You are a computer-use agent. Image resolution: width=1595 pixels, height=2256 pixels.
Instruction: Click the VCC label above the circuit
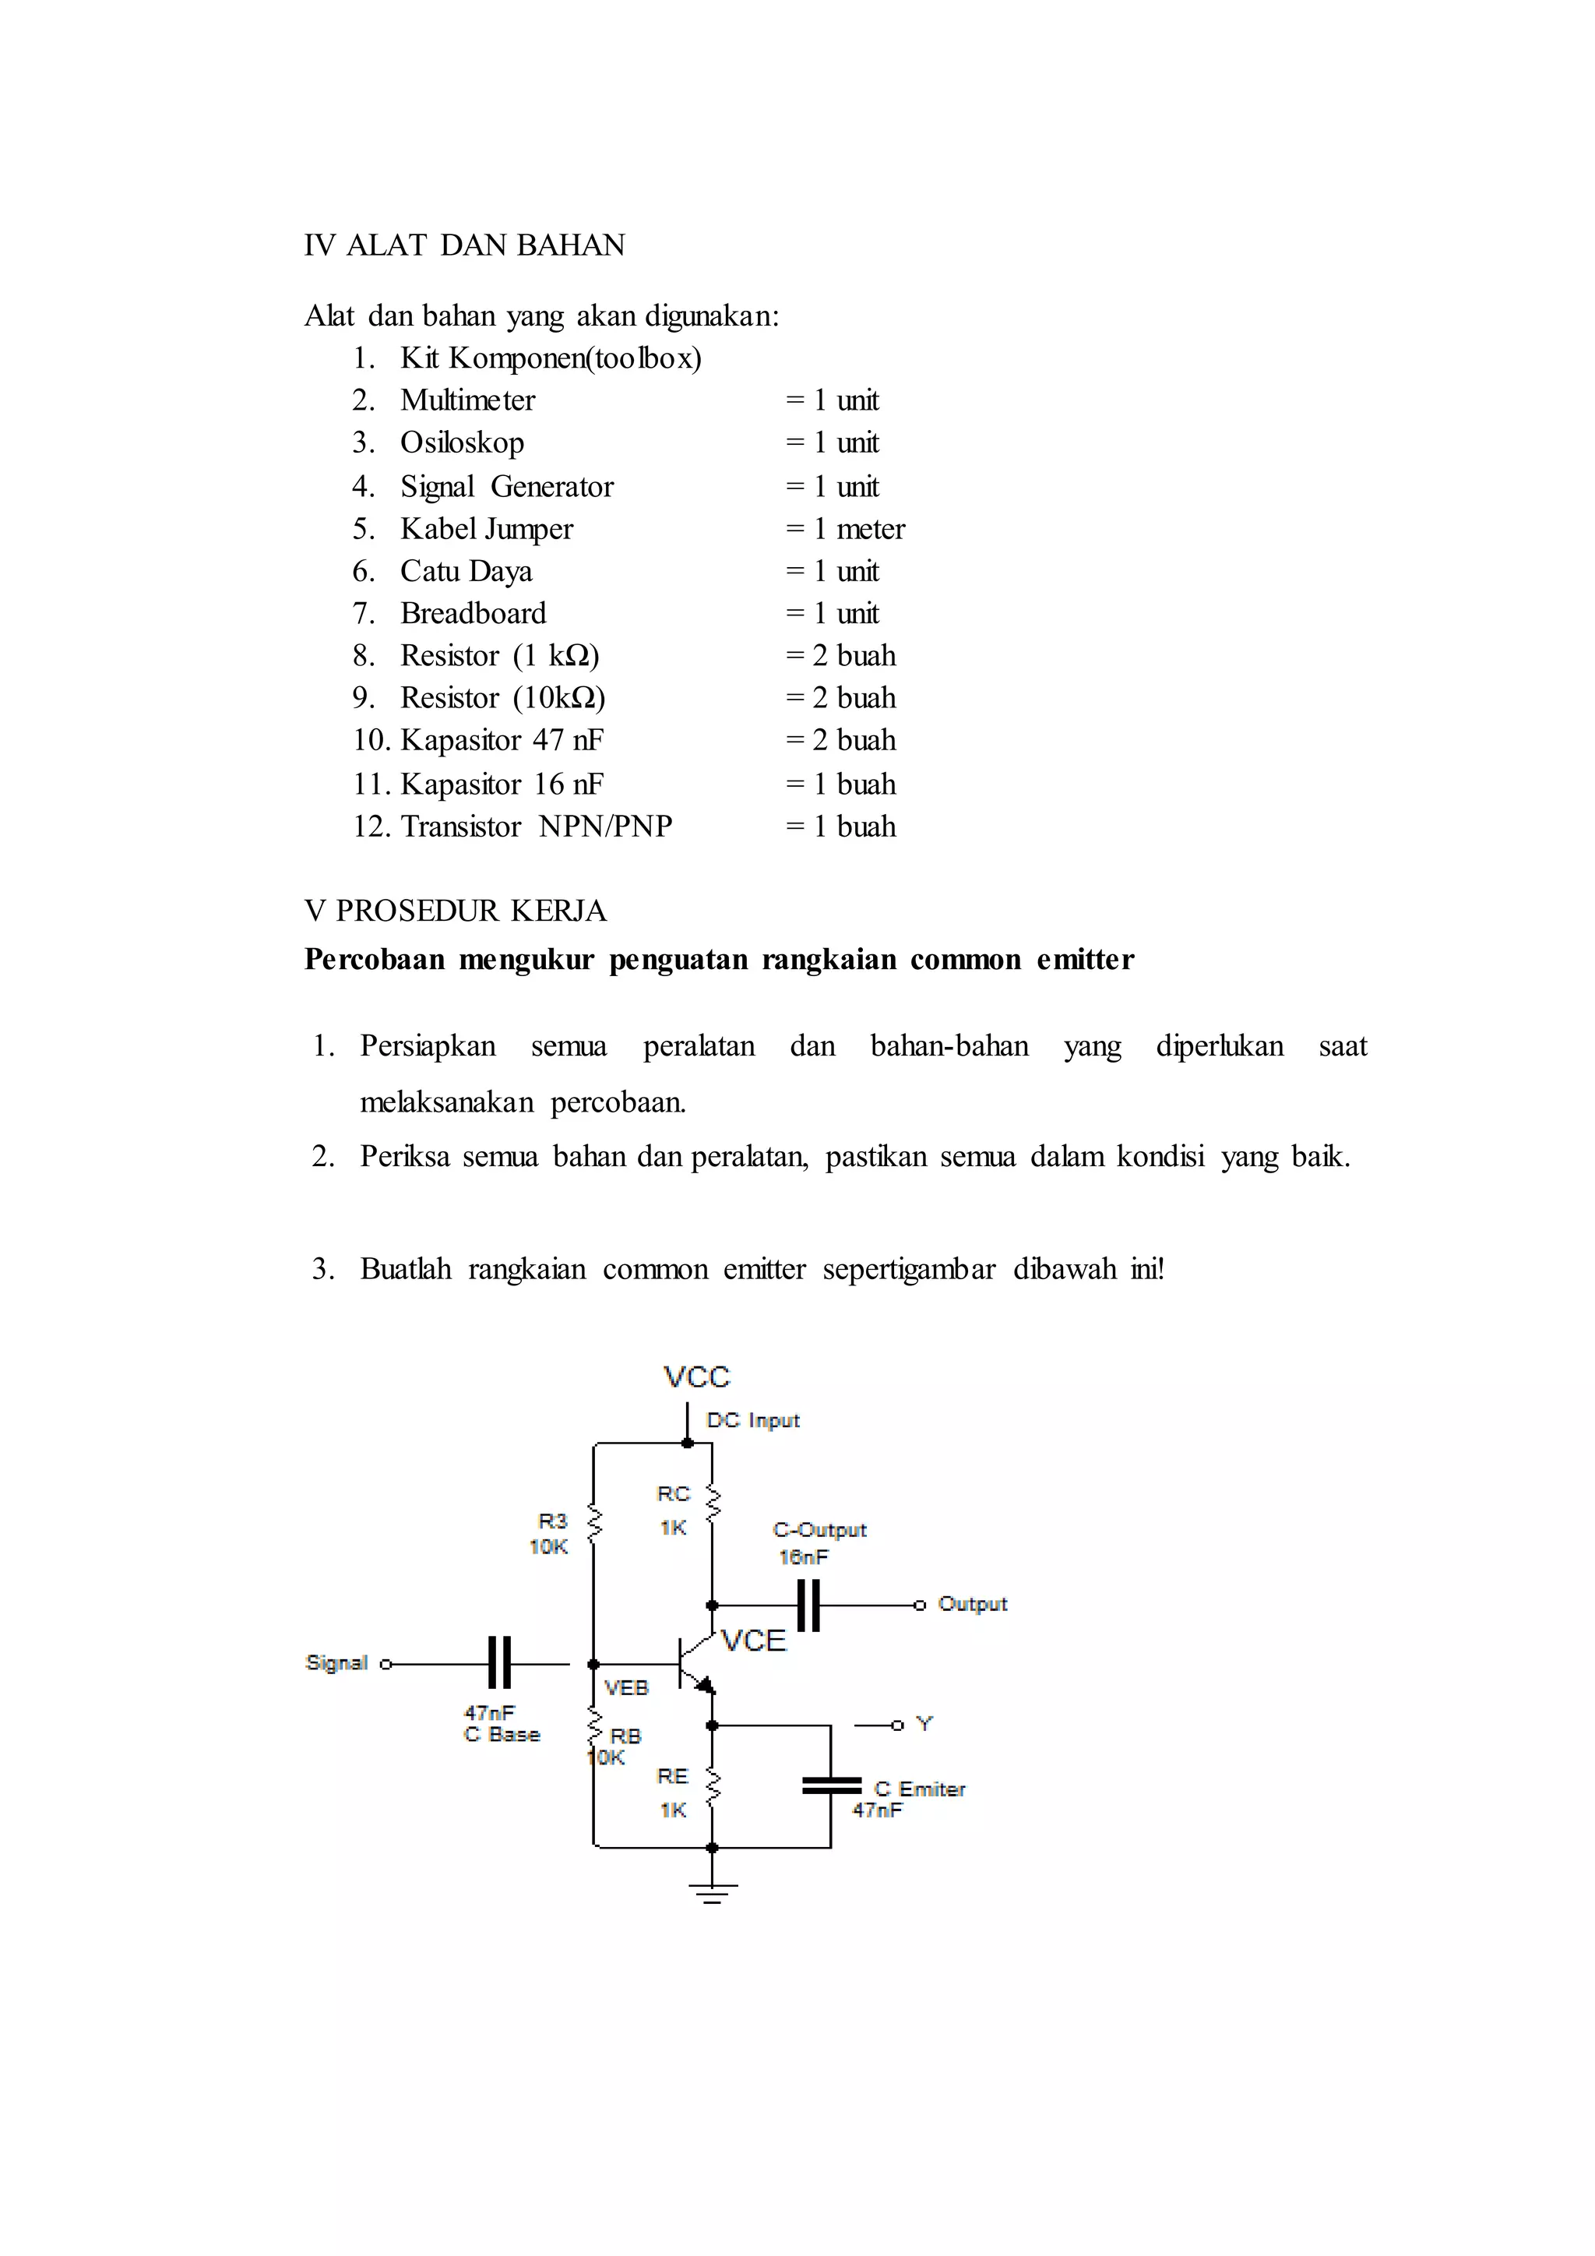pos(696,1377)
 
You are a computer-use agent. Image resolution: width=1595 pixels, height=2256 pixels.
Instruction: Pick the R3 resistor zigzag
pos(593,1525)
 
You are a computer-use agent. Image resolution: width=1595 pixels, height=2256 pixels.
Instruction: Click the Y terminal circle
pos(896,1725)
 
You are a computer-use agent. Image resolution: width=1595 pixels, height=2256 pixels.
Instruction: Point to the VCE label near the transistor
pos(753,1641)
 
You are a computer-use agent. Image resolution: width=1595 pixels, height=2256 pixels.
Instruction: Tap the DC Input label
pos(752,1421)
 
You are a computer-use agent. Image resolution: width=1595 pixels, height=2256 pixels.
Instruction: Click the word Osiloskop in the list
pos(462,443)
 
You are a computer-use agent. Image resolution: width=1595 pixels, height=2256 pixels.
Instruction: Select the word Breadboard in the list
pos(473,613)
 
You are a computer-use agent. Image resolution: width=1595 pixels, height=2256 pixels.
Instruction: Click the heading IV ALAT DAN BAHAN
pos(464,245)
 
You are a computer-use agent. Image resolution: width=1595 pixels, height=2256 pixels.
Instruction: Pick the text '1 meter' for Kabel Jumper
pos(858,529)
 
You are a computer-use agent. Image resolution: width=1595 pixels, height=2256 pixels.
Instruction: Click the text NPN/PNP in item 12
pos(605,827)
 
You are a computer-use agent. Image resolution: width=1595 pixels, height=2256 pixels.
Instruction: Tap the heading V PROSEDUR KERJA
pos(456,911)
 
